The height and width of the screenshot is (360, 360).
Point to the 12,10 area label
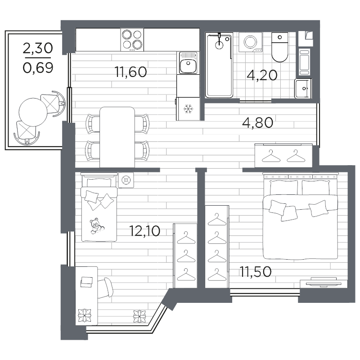[x=144, y=231]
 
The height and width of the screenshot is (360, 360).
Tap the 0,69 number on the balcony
[x=38, y=68]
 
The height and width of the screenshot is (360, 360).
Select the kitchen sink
[x=187, y=63]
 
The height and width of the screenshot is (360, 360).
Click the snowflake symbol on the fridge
[x=187, y=108]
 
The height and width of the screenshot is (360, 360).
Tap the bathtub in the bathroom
[x=219, y=65]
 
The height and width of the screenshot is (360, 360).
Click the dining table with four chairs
[x=117, y=137]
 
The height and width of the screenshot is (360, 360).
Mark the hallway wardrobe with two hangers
[x=283, y=155]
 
